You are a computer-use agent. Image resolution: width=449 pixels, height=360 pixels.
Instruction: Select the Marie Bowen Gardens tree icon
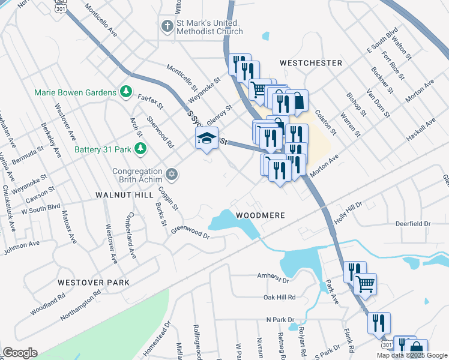(125, 91)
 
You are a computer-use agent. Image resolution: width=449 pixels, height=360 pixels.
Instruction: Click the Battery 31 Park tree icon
(140, 148)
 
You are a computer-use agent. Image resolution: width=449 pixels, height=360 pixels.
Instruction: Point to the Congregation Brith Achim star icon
(172, 174)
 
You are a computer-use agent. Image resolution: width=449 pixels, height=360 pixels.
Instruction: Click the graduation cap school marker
(206, 139)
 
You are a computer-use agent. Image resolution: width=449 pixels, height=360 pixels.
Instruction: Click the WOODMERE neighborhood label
(260, 215)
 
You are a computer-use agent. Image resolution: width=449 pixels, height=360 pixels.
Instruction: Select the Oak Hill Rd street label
(280, 297)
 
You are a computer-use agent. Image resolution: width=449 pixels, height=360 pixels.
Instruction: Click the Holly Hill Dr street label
(348, 214)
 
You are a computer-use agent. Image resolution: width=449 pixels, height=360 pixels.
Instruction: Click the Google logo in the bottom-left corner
(20, 353)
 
